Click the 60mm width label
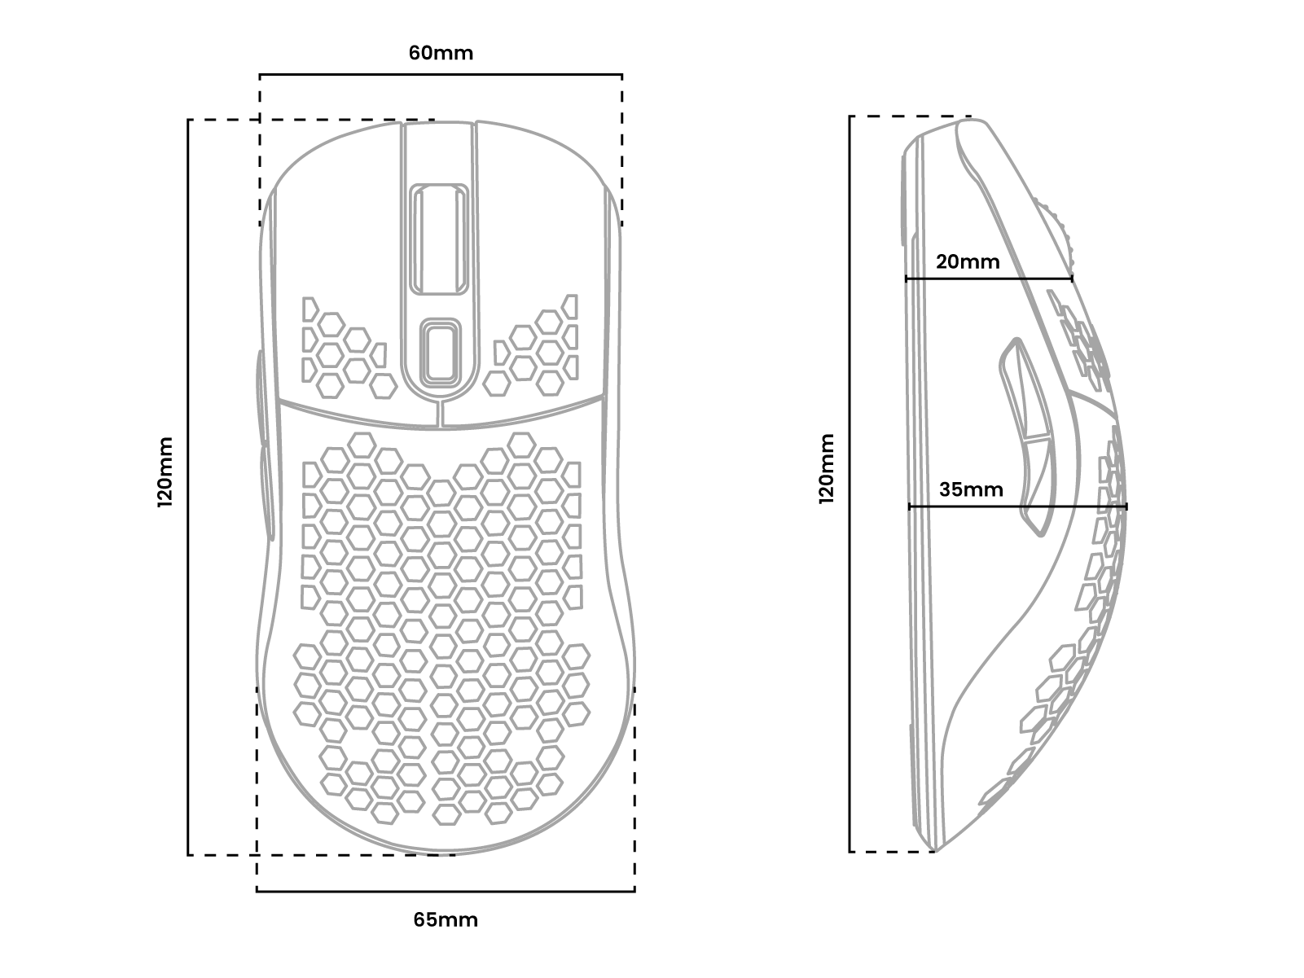pyautogui.click(x=441, y=53)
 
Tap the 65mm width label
pyautogui.click(x=446, y=920)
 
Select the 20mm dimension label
pyautogui.click(x=968, y=262)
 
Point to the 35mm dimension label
pyautogui.click(x=971, y=490)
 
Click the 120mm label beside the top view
pyautogui.click(x=165, y=472)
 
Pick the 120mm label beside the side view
pyautogui.click(x=828, y=469)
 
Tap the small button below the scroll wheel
pyautogui.click(x=441, y=351)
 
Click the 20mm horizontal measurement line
pyautogui.click(x=989, y=278)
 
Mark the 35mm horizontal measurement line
pyautogui.click(x=1017, y=507)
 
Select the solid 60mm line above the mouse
pyautogui.click(x=441, y=75)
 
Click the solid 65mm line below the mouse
pyautogui.click(x=446, y=891)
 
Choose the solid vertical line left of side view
pyautogui.click(x=850, y=484)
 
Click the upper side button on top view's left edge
pyautogui.click(x=258, y=395)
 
